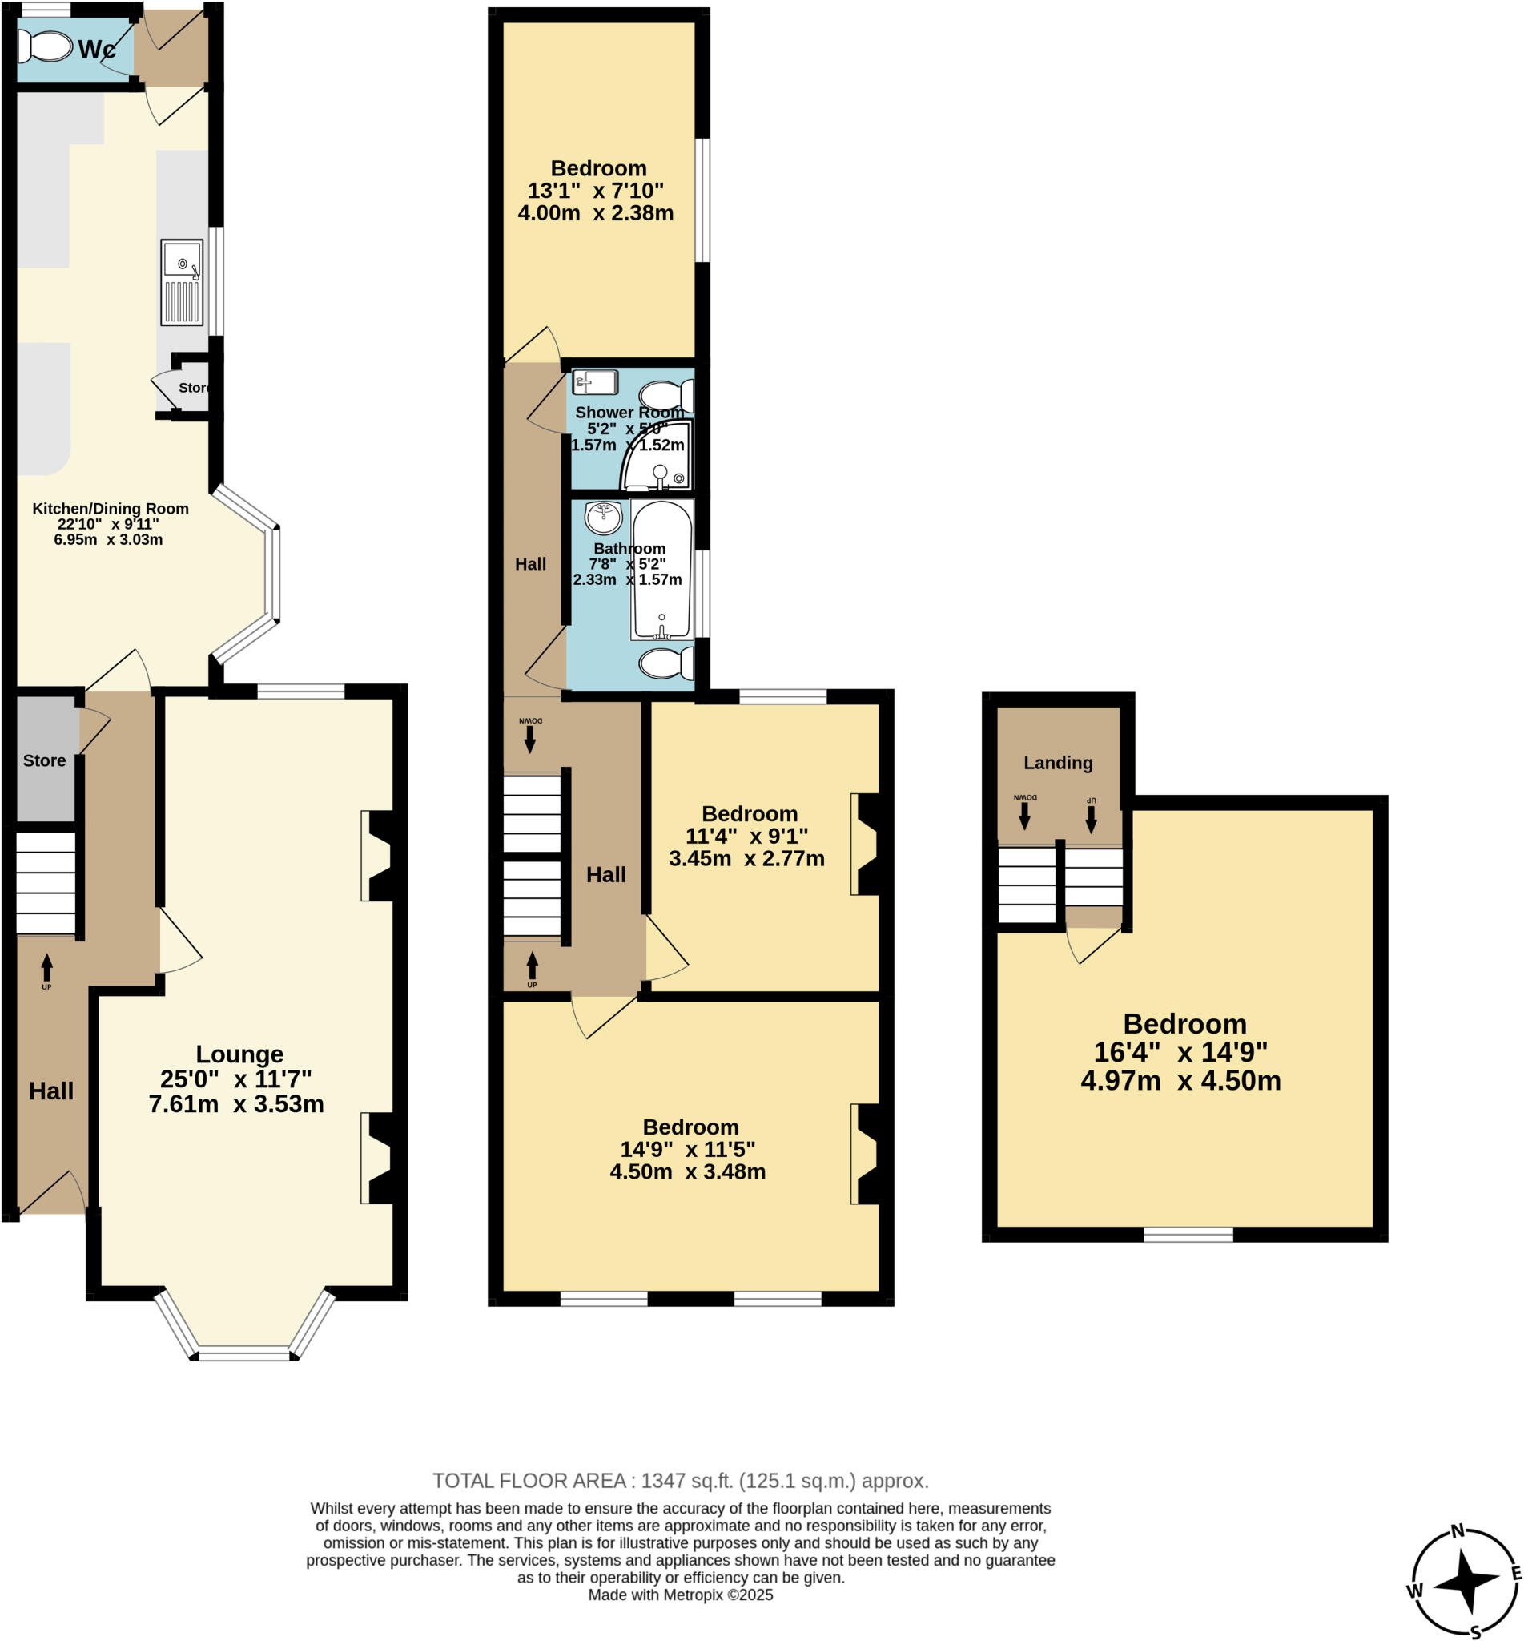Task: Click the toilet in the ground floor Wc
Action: click(x=46, y=46)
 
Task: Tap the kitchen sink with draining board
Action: click(x=182, y=282)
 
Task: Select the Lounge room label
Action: click(x=239, y=1054)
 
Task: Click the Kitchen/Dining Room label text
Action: click(x=111, y=508)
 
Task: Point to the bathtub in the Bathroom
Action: click(x=661, y=569)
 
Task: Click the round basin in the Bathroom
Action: click(x=603, y=518)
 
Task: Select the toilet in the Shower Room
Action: click(x=665, y=396)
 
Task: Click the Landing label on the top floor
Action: click(x=1058, y=762)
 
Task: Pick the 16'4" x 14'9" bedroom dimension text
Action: click(x=1180, y=1052)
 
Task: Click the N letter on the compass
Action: click(x=1458, y=1531)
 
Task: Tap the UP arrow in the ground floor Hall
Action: click(x=47, y=970)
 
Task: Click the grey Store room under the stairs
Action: click(x=45, y=760)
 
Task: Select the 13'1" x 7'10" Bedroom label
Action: click(x=599, y=168)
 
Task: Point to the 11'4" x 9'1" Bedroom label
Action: click(x=749, y=813)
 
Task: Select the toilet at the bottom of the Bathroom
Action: click(x=665, y=663)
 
